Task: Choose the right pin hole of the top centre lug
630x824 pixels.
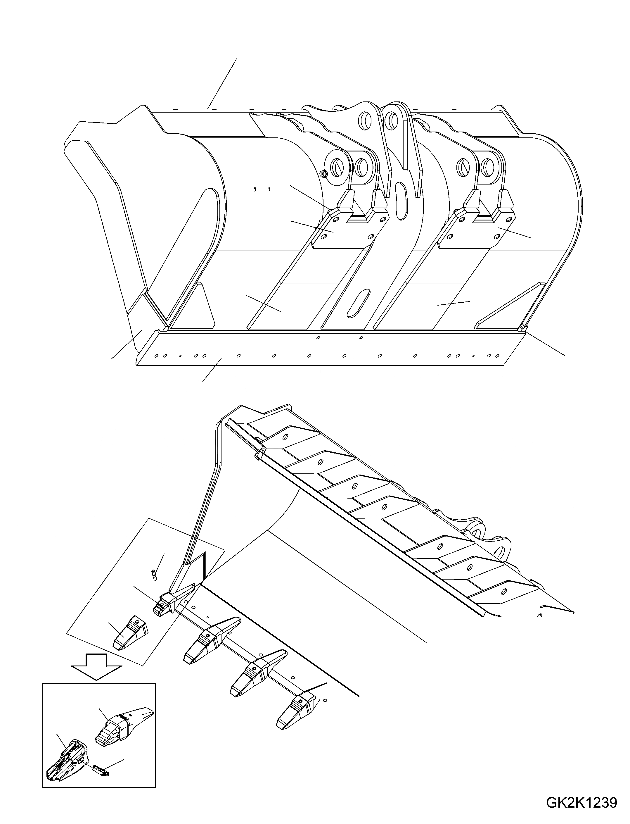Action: click(393, 119)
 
